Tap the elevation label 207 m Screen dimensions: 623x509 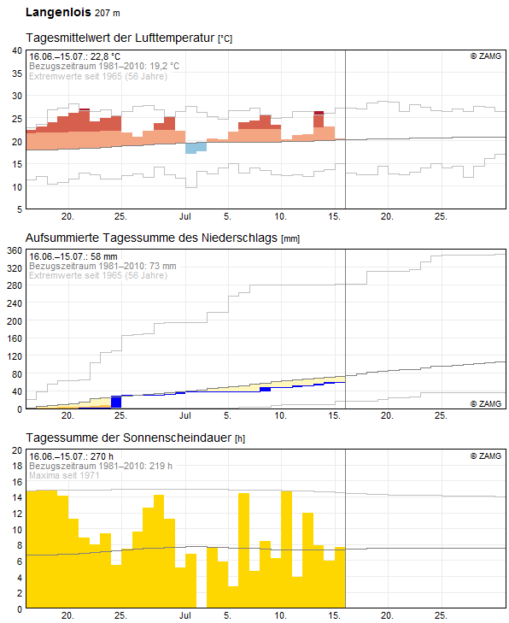(x=109, y=15)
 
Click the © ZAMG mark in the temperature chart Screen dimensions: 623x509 (x=487, y=56)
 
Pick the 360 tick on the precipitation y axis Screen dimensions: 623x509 (x=13, y=251)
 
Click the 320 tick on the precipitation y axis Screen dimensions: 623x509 (x=13, y=268)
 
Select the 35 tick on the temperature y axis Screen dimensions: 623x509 (x=15, y=74)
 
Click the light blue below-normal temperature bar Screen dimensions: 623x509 (x=196, y=147)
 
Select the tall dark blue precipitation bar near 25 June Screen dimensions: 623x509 (x=116, y=402)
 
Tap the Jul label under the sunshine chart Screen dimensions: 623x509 (x=185, y=615)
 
